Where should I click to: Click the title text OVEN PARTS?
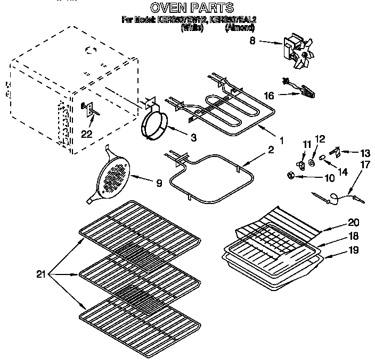191,7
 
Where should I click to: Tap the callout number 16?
270,96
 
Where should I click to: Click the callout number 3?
193,137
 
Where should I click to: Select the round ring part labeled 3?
154,125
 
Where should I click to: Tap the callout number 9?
158,183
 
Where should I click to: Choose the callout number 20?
339,222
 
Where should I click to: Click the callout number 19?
339,249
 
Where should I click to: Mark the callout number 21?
41,274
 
